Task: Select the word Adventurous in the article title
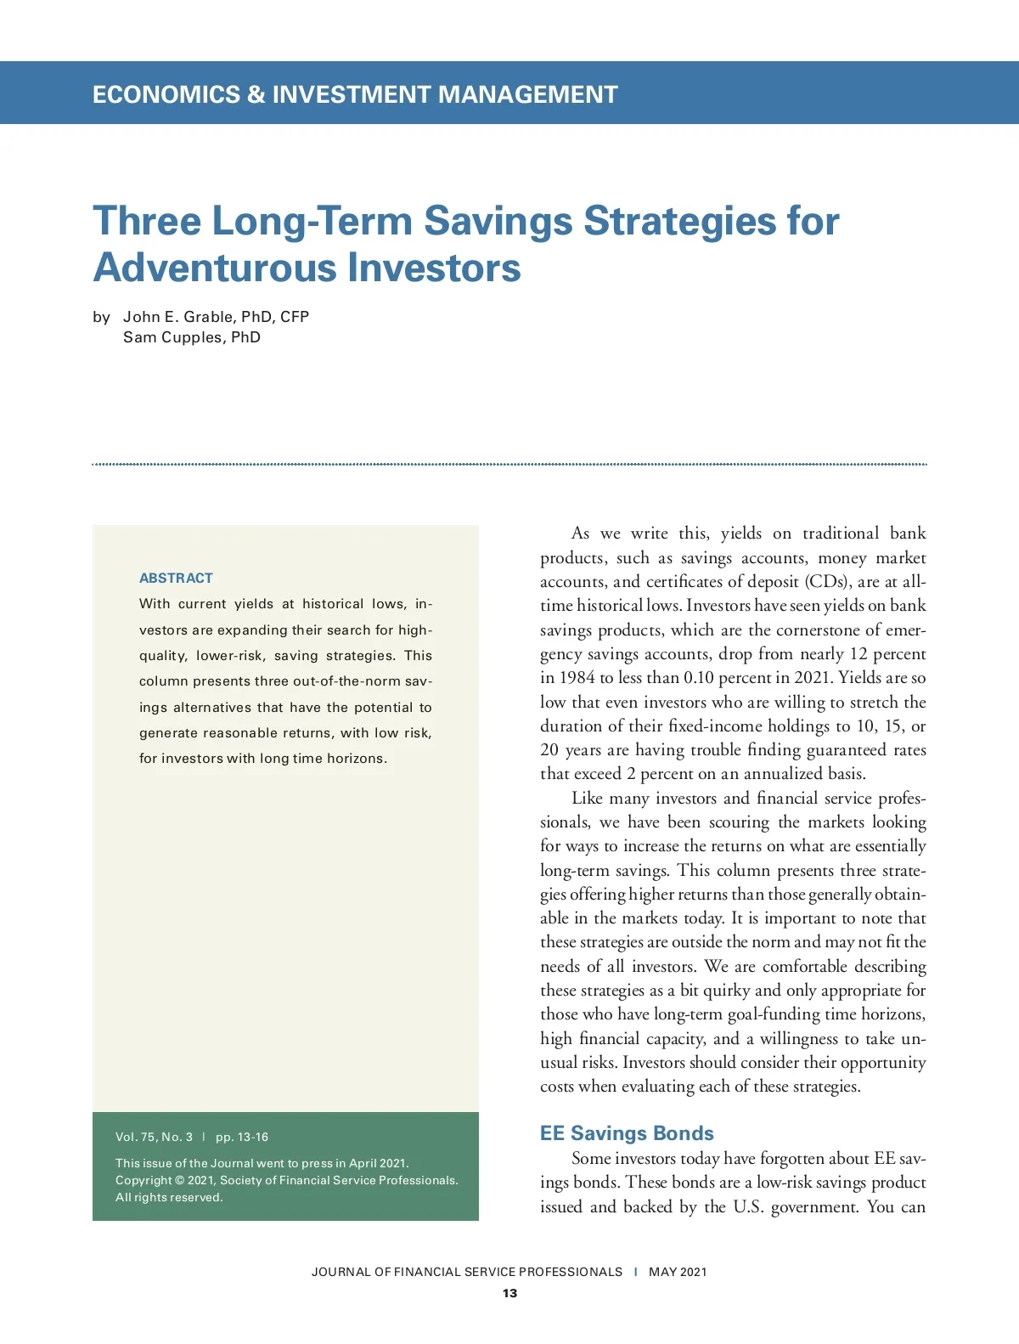tap(214, 268)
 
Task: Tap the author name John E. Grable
tap(177, 317)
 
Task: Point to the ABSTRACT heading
tap(176, 578)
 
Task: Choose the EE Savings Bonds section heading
tap(627, 1133)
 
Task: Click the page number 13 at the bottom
tap(509, 1293)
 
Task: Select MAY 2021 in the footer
tap(678, 1272)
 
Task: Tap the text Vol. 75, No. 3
tap(154, 1137)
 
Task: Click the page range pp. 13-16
tap(242, 1137)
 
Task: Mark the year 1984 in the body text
tap(577, 678)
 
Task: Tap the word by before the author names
tap(101, 317)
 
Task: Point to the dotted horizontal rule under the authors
tap(509, 464)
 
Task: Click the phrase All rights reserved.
tap(169, 1197)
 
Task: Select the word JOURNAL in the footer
tap(341, 1272)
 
